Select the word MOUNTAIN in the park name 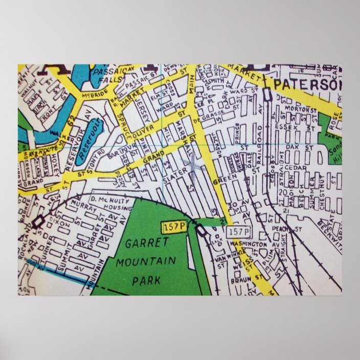coord(146,262)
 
